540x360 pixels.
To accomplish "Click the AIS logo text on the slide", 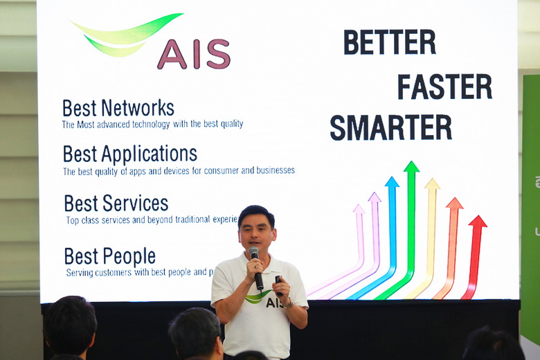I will click(x=193, y=54).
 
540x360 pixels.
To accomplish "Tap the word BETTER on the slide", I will click(x=390, y=43).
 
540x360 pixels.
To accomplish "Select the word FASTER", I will click(x=444, y=87).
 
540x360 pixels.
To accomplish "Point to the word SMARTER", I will click(x=390, y=128).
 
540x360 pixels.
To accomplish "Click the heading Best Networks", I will click(x=118, y=109).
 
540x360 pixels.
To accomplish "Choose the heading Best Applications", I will click(x=129, y=154).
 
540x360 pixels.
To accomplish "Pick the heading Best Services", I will click(x=116, y=204).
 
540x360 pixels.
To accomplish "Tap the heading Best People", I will click(x=109, y=257).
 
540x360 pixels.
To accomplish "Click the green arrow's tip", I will click(x=411, y=167).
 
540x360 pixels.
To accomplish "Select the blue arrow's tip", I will click(x=392, y=182).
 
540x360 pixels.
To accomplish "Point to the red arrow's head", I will click(x=478, y=222).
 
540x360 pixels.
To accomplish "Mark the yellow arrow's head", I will click(x=432, y=183).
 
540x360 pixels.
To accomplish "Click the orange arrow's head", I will click(x=454, y=203).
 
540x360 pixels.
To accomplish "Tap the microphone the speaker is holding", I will click(x=255, y=267).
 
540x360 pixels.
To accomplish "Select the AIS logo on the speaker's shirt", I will click(x=266, y=299).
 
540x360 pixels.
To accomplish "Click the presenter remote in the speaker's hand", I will click(x=278, y=285).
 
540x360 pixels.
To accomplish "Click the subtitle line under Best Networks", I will click(x=152, y=125).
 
